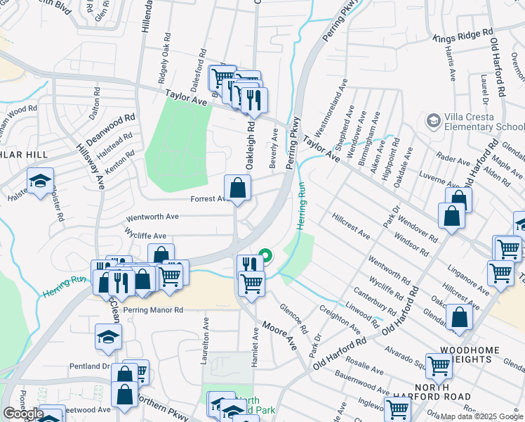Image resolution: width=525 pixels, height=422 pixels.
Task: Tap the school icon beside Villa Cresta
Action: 433,122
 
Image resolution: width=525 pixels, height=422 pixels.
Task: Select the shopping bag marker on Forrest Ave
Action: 238,188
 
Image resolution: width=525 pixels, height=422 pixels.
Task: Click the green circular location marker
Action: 265,256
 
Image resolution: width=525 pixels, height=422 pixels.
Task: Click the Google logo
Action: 23,414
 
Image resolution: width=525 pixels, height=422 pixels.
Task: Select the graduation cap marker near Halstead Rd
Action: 40,181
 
